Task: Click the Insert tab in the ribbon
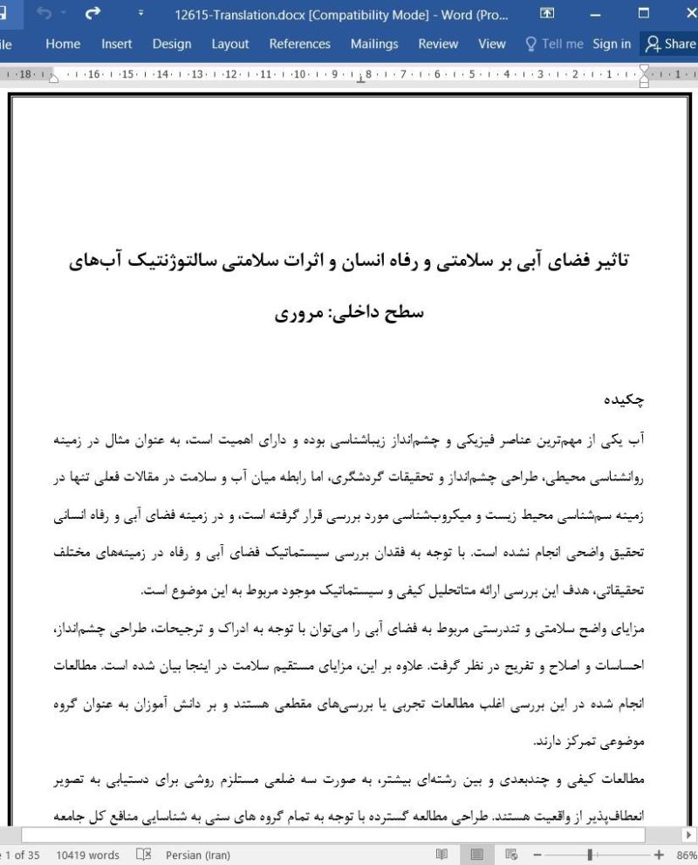click(x=117, y=44)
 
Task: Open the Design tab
click(x=172, y=44)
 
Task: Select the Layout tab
click(x=230, y=44)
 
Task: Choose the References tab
click(x=299, y=44)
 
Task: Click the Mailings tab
click(x=374, y=44)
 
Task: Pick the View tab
click(x=492, y=44)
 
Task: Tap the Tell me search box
click(x=552, y=44)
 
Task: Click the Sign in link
click(x=612, y=44)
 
